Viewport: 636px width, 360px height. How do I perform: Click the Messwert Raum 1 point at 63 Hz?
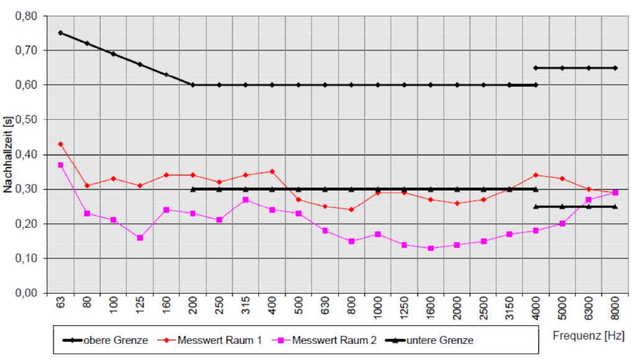[60, 144]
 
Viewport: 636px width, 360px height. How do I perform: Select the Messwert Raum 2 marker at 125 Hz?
[140, 238]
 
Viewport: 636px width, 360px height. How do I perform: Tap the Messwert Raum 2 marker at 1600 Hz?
[430, 248]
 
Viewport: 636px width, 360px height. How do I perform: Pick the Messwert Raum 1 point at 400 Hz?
[272, 171]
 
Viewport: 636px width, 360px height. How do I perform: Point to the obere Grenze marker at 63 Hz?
[60, 32]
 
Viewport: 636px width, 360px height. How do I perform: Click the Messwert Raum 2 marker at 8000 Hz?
[615, 192]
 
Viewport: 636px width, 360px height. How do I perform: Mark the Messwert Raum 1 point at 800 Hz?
[352, 210]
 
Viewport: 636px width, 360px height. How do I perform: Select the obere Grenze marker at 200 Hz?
[193, 84]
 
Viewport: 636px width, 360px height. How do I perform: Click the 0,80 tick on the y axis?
[26, 15]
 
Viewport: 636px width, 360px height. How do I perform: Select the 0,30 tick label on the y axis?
[26, 189]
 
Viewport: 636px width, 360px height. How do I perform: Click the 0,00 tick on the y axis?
[26, 293]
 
